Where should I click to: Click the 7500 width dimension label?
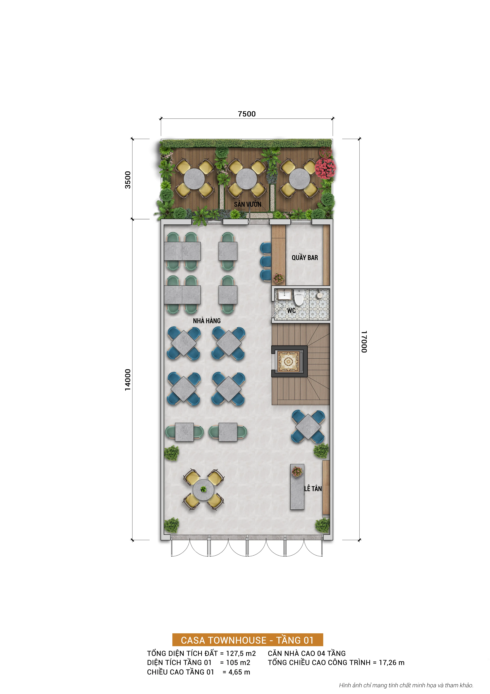click(247, 114)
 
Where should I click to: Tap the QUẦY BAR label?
click(305, 258)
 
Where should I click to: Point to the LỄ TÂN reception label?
click(313, 488)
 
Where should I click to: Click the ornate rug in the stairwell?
click(288, 361)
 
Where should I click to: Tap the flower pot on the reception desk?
click(297, 472)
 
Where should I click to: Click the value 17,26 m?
click(392, 663)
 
